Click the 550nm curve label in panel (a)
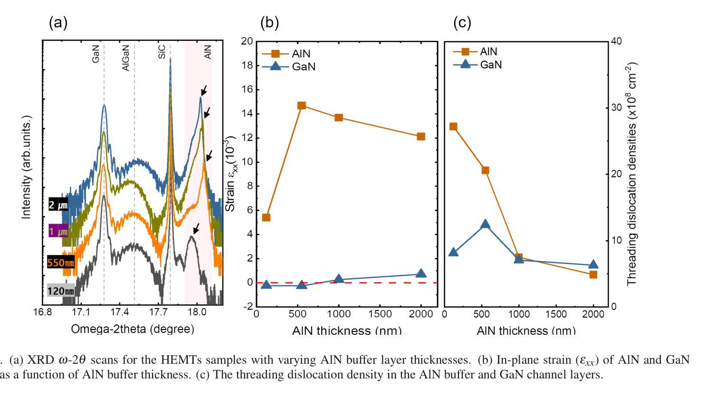tap(61, 262)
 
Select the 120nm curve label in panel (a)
tap(61, 291)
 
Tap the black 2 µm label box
tap(58, 205)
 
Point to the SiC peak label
tap(162, 52)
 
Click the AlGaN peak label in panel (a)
tap(125, 58)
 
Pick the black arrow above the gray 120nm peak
tap(195, 229)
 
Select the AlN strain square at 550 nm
tap(301, 105)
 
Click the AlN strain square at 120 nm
tap(266, 217)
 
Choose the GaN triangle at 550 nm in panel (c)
tap(485, 224)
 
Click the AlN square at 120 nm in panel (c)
tap(453, 126)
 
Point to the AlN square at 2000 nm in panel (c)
tap(593, 274)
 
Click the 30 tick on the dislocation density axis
tap(616, 108)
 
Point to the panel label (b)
tap(269, 22)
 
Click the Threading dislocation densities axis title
tap(633, 174)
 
